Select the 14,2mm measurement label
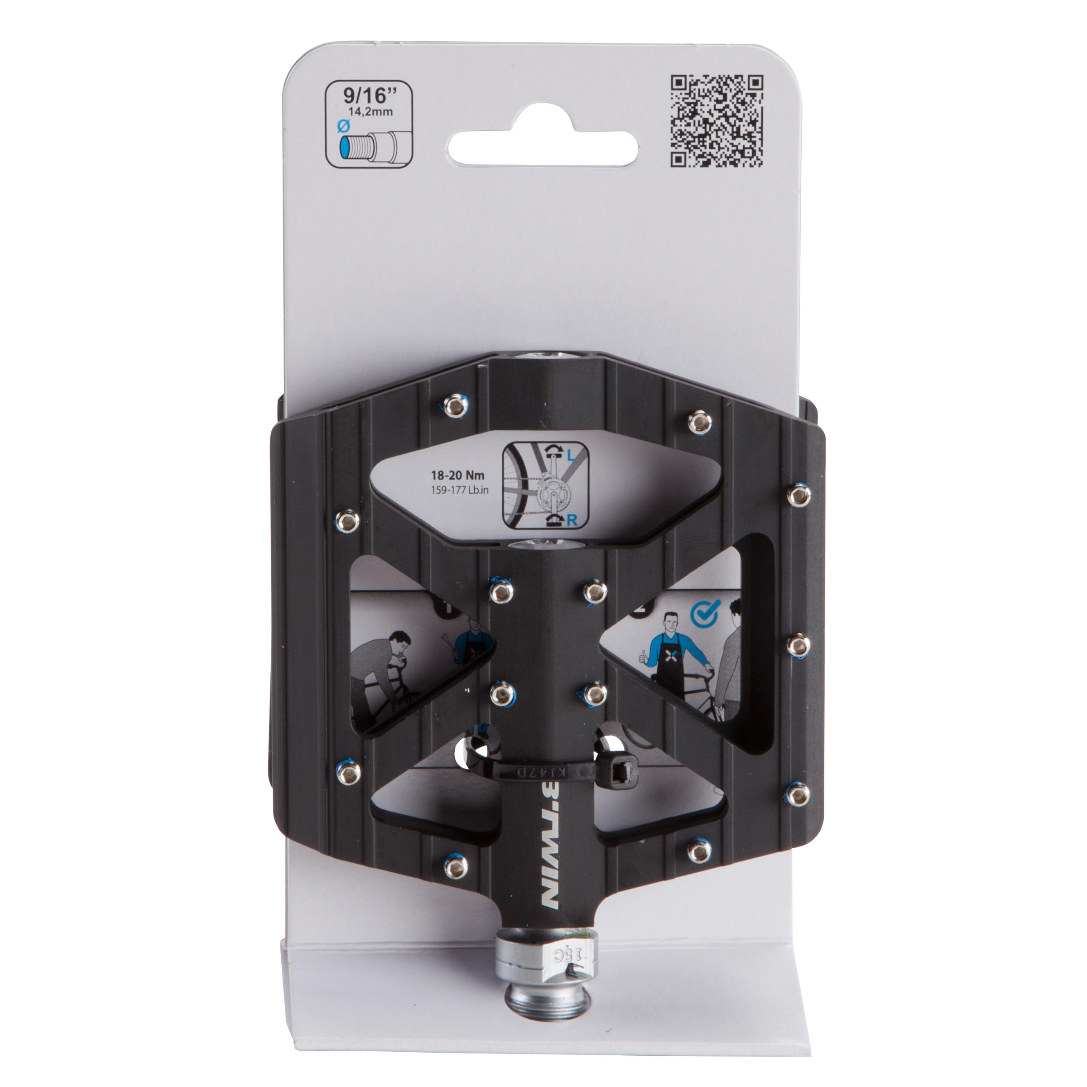[x=370, y=111]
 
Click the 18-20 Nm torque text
[x=457, y=476]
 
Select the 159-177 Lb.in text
[x=460, y=490]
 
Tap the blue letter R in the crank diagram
[x=572, y=520]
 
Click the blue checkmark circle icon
[x=704, y=615]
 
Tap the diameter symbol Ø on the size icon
[x=343, y=127]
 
